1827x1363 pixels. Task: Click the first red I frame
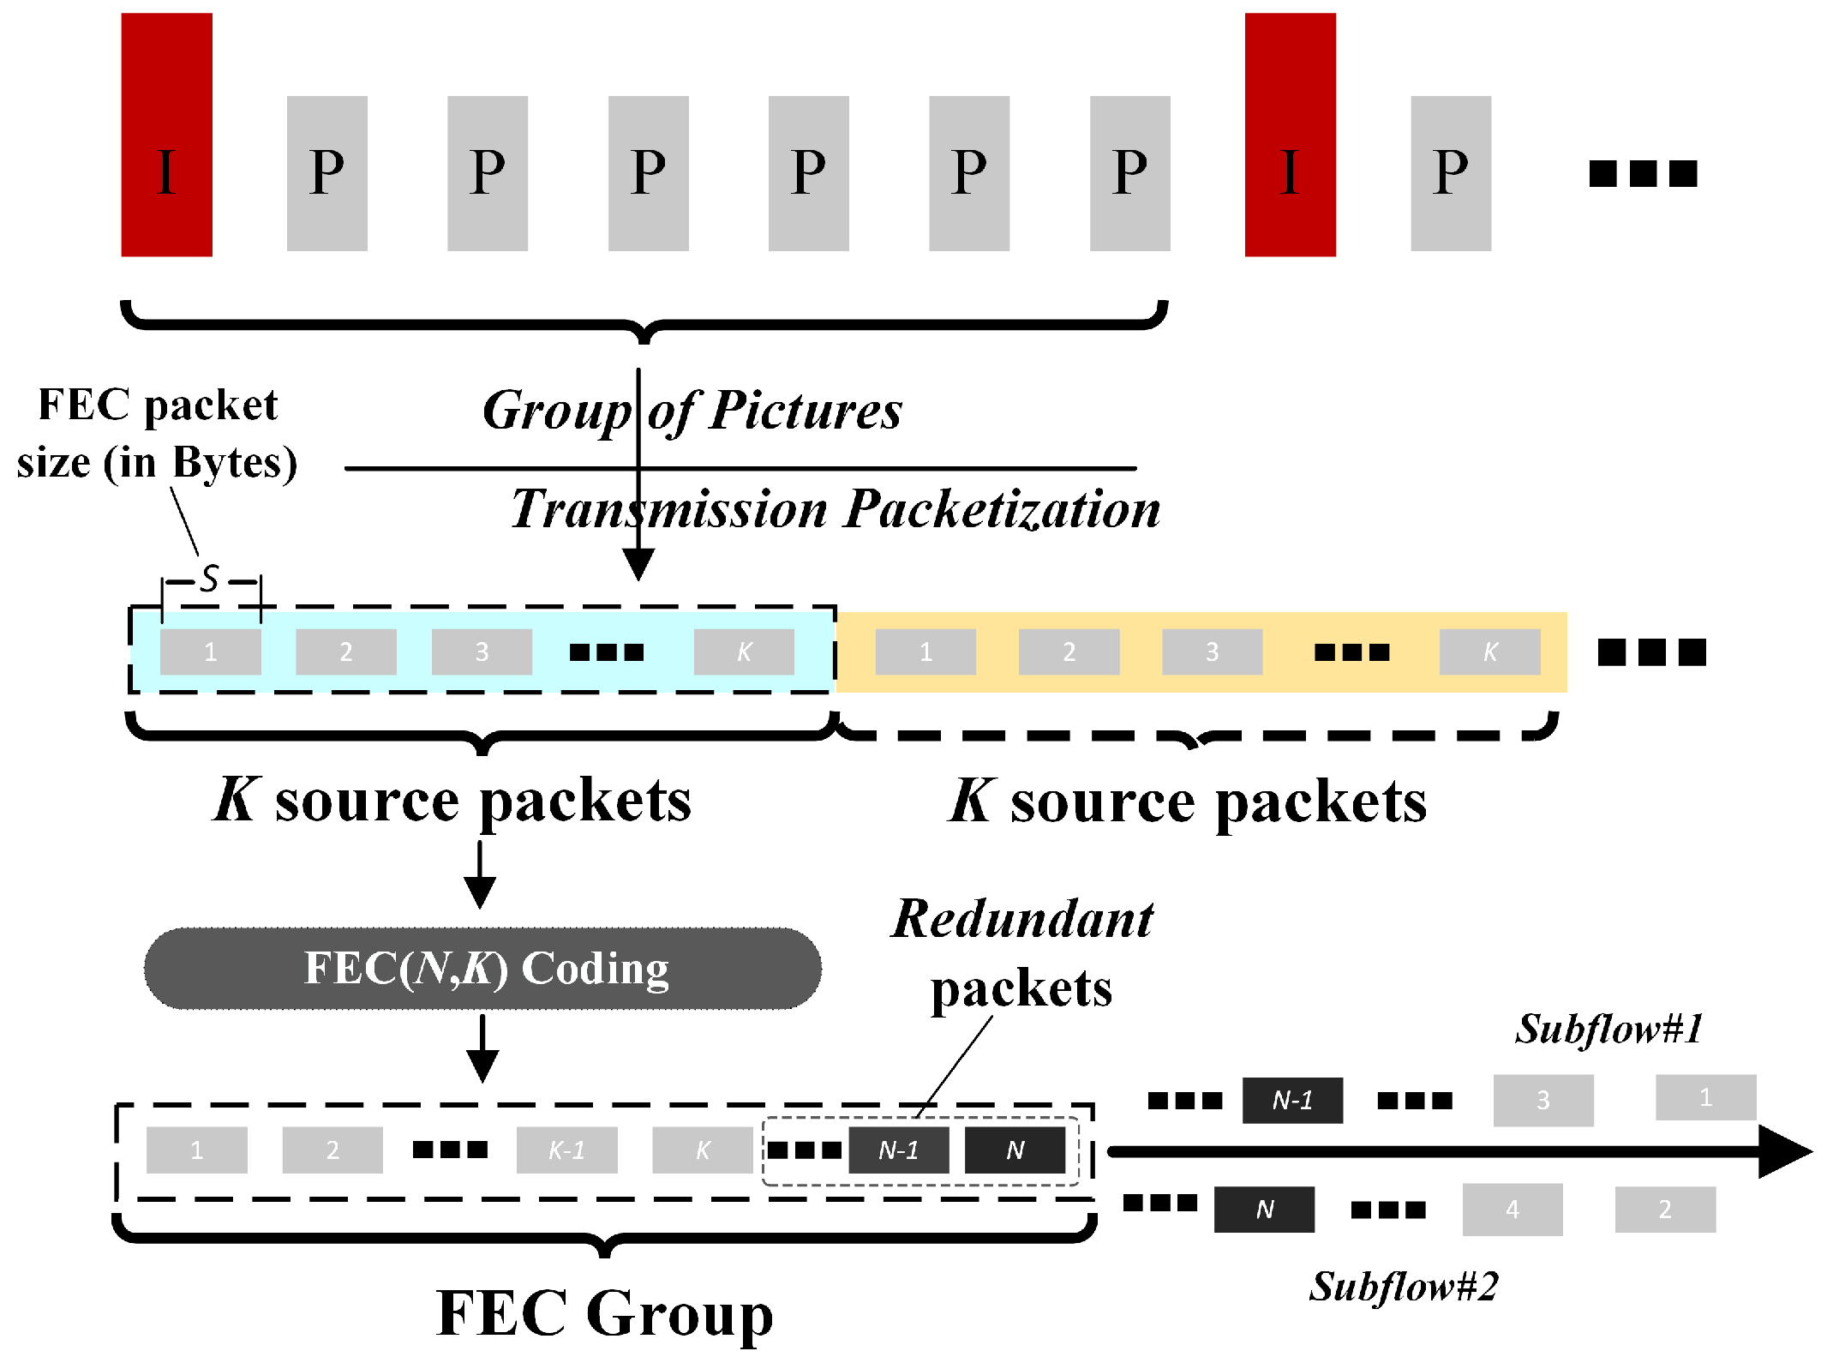166,135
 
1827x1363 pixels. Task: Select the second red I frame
1290,135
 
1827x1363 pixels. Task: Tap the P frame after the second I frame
1450,173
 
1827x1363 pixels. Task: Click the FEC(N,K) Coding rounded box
482,969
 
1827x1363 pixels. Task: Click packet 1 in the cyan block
211,651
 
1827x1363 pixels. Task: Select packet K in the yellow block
1489,651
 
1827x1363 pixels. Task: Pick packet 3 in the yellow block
1212,651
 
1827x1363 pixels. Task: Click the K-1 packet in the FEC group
566,1150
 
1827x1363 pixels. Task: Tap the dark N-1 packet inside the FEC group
898,1150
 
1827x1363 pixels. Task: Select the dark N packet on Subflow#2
1264,1209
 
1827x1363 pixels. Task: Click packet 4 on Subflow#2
1512,1209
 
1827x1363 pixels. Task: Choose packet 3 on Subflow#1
1542,1100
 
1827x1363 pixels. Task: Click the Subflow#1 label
1608,1029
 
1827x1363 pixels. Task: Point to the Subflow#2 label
1403,1286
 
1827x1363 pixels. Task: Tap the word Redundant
1022,919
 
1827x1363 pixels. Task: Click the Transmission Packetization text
836,508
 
